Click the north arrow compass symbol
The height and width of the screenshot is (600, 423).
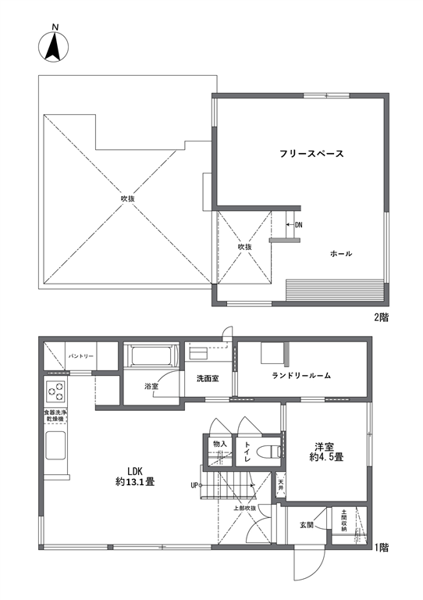[x=54, y=47]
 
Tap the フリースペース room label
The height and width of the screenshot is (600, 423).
[x=311, y=154]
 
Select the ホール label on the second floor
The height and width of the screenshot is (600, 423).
[x=341, y=253]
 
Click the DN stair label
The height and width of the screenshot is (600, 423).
[x=298, y=225]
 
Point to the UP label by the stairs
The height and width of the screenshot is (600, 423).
[x=194, y=486]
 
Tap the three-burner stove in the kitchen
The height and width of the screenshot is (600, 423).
[x=55, y=391]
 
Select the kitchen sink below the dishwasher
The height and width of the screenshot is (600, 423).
[x=55, y=445]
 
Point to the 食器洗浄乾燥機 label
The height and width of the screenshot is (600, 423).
[x=55, y=416]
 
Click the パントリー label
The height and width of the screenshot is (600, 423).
[x=80, y=356]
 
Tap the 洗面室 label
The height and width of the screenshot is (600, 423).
[x=208, y=379]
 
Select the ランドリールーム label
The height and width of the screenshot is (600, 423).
[x=301, y=376]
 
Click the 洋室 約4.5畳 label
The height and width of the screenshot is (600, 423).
[x=326, y=452]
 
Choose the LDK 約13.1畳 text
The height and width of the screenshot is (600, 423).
[x=135, y=476]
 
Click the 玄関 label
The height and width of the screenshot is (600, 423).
[x=307, y=525]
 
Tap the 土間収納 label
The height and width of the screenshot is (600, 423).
[x=344, y=520]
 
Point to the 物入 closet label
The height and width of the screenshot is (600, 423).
[x=220, y=444]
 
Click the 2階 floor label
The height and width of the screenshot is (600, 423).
[x=381, y=318]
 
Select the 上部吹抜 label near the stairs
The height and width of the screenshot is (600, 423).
[x=245, y=509]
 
